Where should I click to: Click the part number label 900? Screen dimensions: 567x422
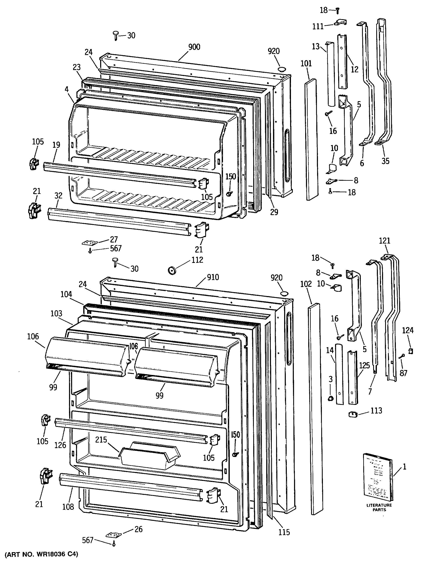[x=194, y=47]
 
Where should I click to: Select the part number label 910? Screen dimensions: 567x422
[x=213, y=277]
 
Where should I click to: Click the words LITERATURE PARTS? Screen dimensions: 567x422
[x=379, y=507]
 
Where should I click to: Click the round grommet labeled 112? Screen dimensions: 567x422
[x=173, y=270]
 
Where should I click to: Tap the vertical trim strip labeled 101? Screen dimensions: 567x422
[x=311, y=139]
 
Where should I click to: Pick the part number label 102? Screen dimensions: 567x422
[x=306, y=284]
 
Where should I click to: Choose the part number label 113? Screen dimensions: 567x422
[x=376, y=411]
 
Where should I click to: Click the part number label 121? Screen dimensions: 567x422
[x=384, y=241]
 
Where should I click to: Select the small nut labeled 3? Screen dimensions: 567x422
[x=330, y=398]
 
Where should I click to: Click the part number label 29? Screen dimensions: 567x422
[x=274, y=212]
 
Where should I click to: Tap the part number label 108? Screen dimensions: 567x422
[x=68, y=507]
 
